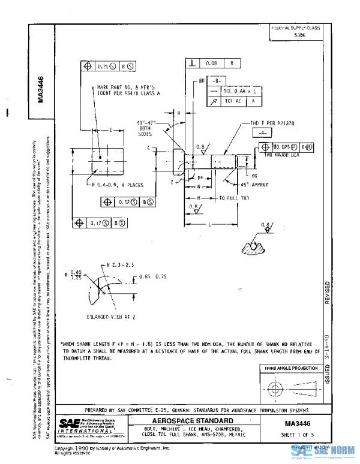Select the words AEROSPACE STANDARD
pyautogui.click(x=190, y=421)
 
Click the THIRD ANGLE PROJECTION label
pyautogui.click(x=288, y=368)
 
